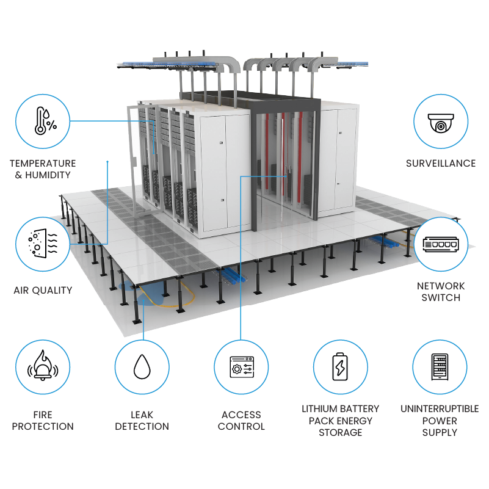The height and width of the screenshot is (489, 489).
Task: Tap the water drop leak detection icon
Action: pyautogui.click(x=142, y=367)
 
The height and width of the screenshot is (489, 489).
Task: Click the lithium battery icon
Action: pyautogui.click(x=340, y=367)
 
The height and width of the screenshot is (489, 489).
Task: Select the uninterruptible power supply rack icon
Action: pyautogui.click(x=440, y=367)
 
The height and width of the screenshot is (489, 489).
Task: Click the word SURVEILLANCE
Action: pyautogui.click(x=440, y=164)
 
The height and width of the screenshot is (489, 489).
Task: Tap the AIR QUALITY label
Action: pyautogui.click(x=43, y=291)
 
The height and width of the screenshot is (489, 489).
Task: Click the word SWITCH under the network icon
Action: pyautogui.click(x=440, y=298)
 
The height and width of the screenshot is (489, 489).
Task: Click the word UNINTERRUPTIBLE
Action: pyautogui.click(x=440, y=409)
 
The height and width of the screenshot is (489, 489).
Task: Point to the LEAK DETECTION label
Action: pyautogui.click(x=142, y=421)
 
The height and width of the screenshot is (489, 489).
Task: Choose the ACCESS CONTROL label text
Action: pyautogui.click(x=241, y=421)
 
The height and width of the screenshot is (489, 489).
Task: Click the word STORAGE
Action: pyautogui.click(x=340, y=433)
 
